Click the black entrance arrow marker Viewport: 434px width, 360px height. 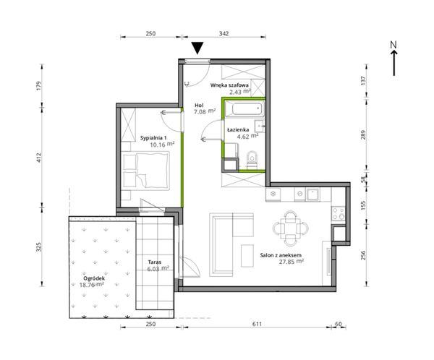pos(198,48)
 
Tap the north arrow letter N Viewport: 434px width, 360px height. pos(393,45)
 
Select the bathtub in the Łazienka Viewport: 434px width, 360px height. pos(244,108)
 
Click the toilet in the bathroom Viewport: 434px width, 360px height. pos(252,160)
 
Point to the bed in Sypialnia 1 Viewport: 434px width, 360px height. pos(146,171)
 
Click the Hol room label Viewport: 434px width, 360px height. pos(199,105)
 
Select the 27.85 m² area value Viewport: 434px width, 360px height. pos(292,262)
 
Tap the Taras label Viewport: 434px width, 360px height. pos(155,262)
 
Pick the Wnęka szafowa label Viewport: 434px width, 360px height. pos(229,85)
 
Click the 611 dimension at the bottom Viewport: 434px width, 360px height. pos(257,324)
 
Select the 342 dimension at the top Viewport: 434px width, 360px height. pos(224,33)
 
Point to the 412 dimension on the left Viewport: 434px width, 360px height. pos(39,158)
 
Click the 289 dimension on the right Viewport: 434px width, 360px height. pos(363,134)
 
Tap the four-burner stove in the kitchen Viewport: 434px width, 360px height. pos(339,213)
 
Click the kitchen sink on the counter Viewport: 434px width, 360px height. pos(312,194)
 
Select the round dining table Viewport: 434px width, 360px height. pos(291,228)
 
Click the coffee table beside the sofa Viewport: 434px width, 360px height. pos(247,255)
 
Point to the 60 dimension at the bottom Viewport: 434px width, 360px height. pos(339,324)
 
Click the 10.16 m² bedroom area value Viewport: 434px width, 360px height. pos(162,144)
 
